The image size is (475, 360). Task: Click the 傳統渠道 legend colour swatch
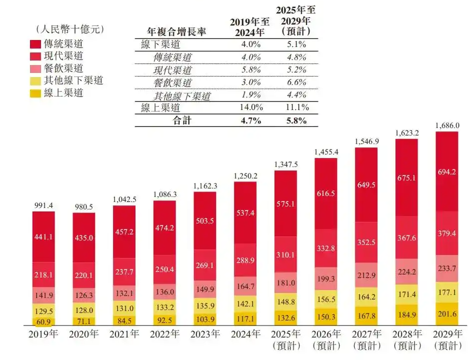pos(35,44)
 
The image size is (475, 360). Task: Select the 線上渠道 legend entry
pos(63,93)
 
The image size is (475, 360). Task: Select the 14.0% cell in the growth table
pos(251,107)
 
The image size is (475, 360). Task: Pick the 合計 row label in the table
pos(182,120)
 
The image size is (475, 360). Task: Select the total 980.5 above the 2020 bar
pos(83,206)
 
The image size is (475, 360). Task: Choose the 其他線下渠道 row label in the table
pos(182,95)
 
